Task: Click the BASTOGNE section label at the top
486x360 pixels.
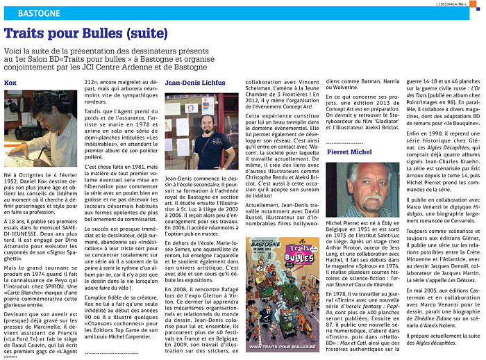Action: click(x=35, y=13)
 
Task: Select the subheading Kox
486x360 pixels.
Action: click(x=10, y=83)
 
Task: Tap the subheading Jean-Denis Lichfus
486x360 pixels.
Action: click(x=194, y=83)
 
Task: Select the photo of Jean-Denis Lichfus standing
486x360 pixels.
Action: click(x=202, y=131)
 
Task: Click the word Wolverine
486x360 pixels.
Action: click(x=340, y=90)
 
